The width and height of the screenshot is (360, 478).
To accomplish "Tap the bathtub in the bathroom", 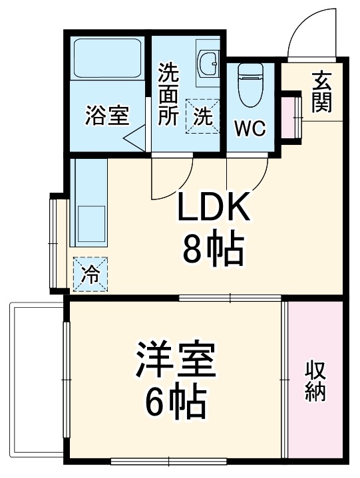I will pyautogui.click(x=106, y=60).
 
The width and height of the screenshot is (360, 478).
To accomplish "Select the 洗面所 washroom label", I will pyautogui.click(x=168, y=94).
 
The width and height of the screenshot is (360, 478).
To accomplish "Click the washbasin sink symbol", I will pyautogui.click(x=209, y=64).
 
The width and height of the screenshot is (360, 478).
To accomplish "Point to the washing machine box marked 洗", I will pyautogui.click(x=203, y=116).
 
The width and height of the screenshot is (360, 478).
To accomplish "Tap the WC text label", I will pyautogui.click(x=250, y=128).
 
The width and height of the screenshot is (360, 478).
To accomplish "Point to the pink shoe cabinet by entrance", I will pyautogui.click(x=291, y=118).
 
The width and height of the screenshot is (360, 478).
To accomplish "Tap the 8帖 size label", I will pyautogui.click(x=213, y=249).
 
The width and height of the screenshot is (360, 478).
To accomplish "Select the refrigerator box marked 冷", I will pyautogui.click(x=89, y=273).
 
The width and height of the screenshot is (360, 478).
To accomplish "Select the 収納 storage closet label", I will pyautogui.click(x=315, y=380).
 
